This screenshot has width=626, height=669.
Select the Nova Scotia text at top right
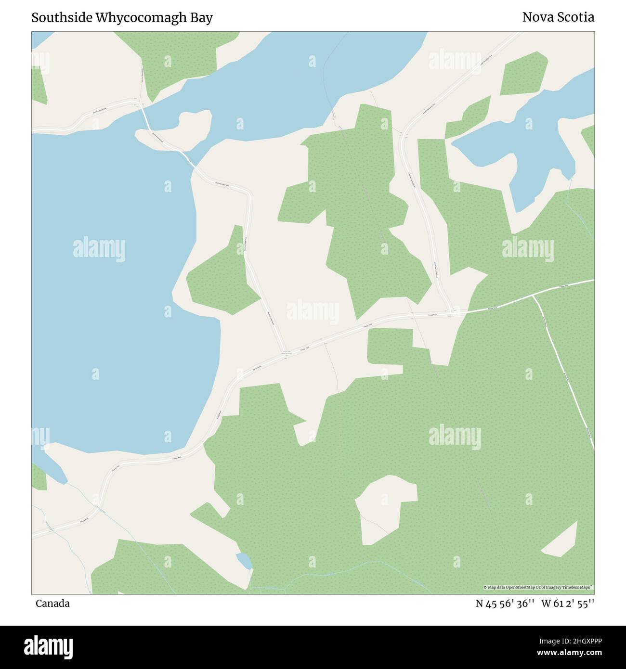(x=558, y=17)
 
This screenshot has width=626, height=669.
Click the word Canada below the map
(x=52, y=604)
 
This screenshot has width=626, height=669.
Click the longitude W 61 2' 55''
(x=568, y=604)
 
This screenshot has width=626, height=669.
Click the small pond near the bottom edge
(x=244, y=561)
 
